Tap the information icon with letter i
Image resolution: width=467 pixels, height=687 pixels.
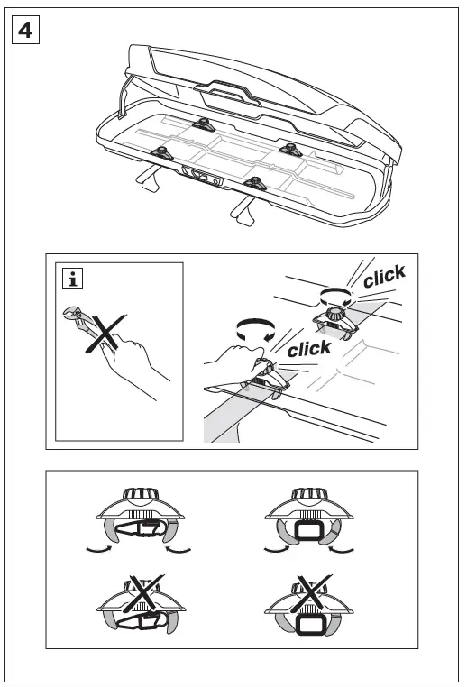(x=70, y=278)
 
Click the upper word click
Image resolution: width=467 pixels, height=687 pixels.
(x=384, y=277)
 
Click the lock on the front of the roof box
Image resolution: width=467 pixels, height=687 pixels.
(x=203, y=177)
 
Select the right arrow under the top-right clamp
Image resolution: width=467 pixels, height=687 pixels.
(x=343, y=546)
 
